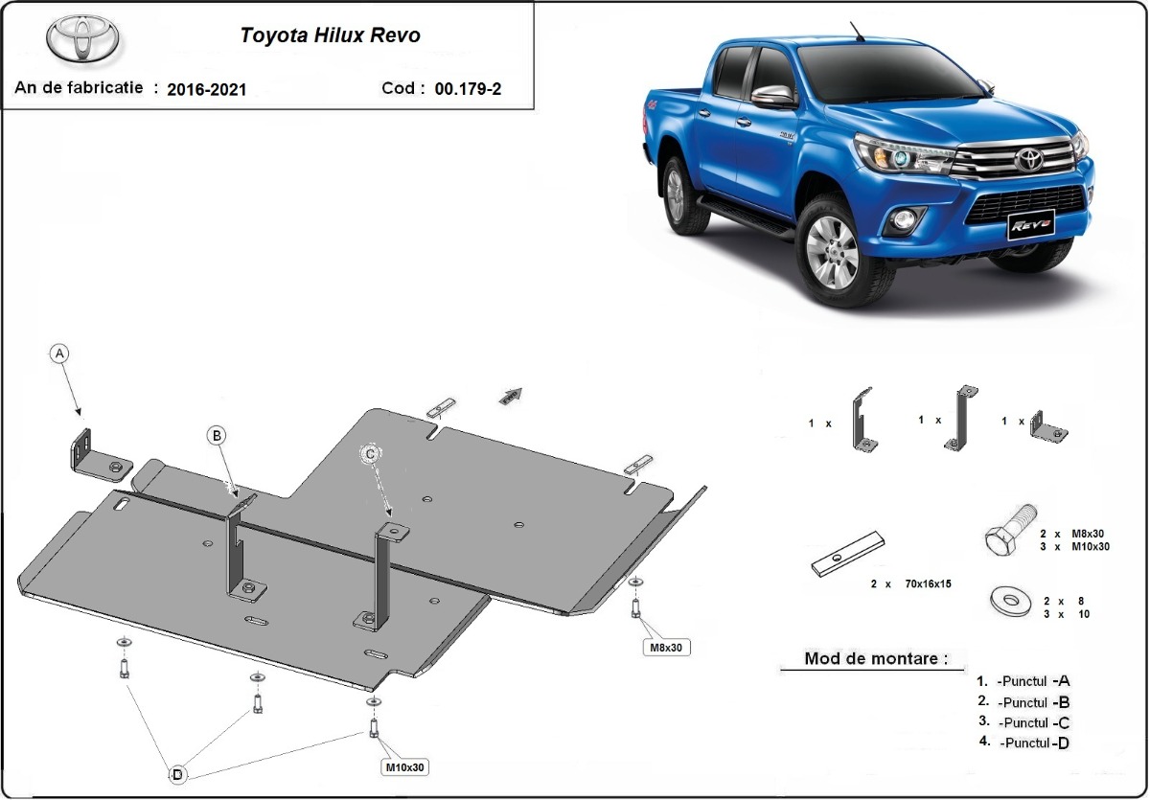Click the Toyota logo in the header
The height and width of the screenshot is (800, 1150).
83,38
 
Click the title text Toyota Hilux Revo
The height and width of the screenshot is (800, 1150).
330,36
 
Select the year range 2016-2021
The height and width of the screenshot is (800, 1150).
206,89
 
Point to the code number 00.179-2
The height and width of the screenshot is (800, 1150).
468,89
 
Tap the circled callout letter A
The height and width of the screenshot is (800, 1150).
60,354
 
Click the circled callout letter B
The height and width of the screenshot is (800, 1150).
218,436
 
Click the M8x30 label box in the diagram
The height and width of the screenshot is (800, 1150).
666,648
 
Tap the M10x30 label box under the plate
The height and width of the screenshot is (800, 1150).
404,767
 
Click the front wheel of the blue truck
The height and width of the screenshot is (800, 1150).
833,253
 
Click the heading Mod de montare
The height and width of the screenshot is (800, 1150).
876,658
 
